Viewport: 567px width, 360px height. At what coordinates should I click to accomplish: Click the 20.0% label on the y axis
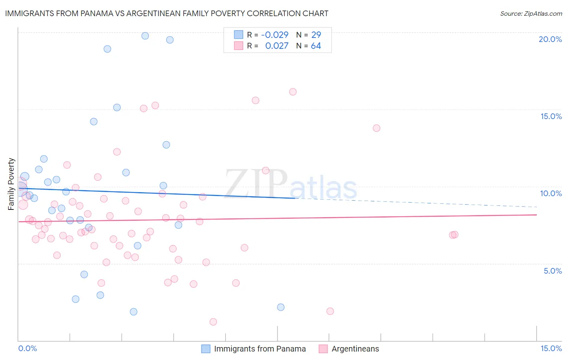click(x=550, y=39)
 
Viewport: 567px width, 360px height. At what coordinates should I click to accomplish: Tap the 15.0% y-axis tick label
click(x=551, y=116)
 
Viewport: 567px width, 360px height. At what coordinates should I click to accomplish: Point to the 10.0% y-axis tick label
click(x=551, y=193)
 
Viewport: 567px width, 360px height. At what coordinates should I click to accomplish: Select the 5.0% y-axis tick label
click(x=552, y=271)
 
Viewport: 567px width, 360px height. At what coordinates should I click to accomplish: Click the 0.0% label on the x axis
click(x=27, y=348)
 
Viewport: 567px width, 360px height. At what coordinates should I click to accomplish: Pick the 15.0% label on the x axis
click(x=551, y=348)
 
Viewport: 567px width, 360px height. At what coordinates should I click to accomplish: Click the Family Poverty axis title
click(x=11, y=184)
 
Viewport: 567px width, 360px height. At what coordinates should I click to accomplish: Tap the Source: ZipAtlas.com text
click(x=531, y=14)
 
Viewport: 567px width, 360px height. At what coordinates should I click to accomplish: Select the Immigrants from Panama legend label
click(x=260, y=349)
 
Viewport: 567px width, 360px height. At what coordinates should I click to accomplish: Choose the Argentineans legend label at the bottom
click(x=355, y=349)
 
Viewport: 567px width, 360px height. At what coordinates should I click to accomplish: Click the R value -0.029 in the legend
click(x=275, y=35)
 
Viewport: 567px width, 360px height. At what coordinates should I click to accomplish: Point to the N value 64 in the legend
click(x=316, y=46)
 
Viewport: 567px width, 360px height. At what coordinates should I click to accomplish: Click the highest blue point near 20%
click(x=145, y=36)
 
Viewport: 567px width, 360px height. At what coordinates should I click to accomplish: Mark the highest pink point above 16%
click(x=293, y=92)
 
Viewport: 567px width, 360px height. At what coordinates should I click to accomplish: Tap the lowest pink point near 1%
click(x=213, y=322)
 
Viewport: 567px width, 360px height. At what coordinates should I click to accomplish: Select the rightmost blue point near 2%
click(x=281, y=307)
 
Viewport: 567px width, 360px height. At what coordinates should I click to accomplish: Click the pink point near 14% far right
click(x=376, y=128)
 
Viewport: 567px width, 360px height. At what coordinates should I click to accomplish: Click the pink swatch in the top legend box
click(x=239, y=46)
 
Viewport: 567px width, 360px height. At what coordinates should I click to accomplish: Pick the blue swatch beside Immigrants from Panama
click(x=206, y=349)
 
